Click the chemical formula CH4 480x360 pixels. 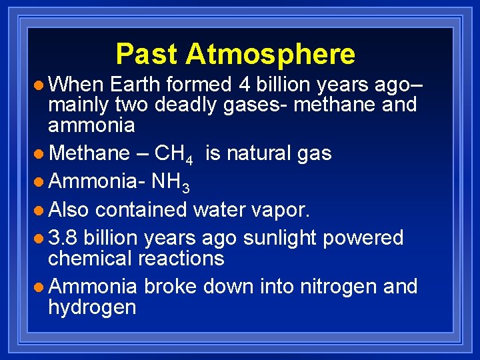click(x=173, y=154)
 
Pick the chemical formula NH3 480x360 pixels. click(x=171, y=182)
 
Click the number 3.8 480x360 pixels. click(x=63, y=238)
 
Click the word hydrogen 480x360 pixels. click(x=92, y=307)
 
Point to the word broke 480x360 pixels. click(x=170, y=287)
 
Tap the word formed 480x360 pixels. click(x=197, y=85)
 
